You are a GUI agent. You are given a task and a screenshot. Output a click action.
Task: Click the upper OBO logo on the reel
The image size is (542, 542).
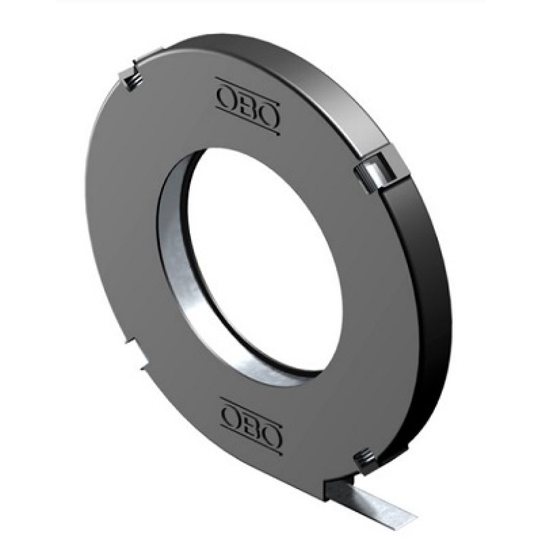click(x=248, y=105)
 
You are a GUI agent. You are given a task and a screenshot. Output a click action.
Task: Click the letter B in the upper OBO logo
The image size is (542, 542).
click(x=247, y=105)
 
